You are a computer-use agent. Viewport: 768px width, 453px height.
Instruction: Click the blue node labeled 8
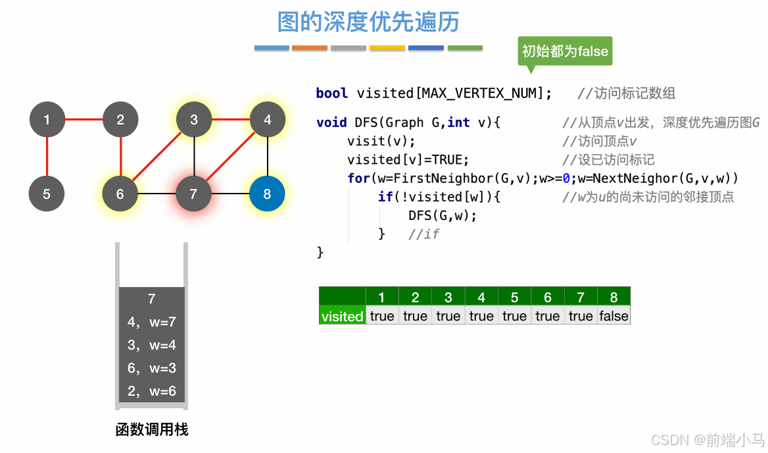(267, 194)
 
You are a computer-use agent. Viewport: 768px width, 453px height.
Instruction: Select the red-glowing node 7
(193, 194)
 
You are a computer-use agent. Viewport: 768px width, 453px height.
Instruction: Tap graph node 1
(47, 120)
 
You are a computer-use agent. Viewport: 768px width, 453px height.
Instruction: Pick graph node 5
(47, 194)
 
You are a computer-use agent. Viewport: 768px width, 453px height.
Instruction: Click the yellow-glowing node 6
(120, 194)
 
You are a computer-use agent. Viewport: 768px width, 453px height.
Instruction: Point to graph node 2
(120, 120)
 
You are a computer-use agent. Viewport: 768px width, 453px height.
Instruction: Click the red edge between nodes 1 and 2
(84, 120)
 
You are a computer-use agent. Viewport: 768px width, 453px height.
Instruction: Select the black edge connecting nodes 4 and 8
(267, 157)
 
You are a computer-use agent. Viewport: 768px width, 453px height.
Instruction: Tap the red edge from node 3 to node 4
(230, 120)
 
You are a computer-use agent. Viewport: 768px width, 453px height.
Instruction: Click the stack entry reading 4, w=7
(152, 322)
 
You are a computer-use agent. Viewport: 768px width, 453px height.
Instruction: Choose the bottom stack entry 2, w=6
(152, 391)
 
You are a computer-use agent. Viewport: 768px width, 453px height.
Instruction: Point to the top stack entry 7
(152, 299)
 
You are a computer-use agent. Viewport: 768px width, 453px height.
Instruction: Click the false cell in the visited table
(613, 316)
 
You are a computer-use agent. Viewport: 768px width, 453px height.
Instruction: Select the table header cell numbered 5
(514, 298)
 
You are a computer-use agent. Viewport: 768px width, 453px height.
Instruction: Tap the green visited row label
(342, 316)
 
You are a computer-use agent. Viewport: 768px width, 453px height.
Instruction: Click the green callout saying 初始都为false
(565, 51)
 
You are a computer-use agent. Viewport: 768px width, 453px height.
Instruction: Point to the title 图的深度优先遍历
(368, 22)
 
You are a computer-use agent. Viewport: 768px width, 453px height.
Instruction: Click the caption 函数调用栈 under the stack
(152, 430)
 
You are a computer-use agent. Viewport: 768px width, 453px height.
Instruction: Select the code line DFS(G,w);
(442, 215)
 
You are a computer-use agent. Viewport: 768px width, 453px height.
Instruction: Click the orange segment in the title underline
(309, 48)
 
